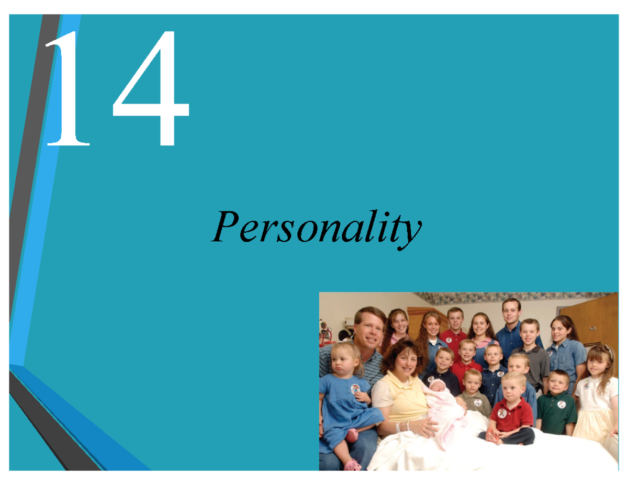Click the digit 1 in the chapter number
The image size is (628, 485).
pyautogui.click(x=68, y=89)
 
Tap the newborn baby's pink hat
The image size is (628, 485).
pyautogui.click(x=436, y=386)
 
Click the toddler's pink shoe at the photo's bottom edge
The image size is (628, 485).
pyautogui.click(x=352, y=464)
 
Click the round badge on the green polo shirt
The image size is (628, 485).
pyautogui.click(x=561, y=404)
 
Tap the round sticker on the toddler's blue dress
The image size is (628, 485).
pyautogui.click(x=355, y=389)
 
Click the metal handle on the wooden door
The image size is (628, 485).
pyautogui.click(x=592, y=328)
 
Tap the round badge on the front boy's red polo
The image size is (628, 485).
pyautogui.click(x=502, y=413)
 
